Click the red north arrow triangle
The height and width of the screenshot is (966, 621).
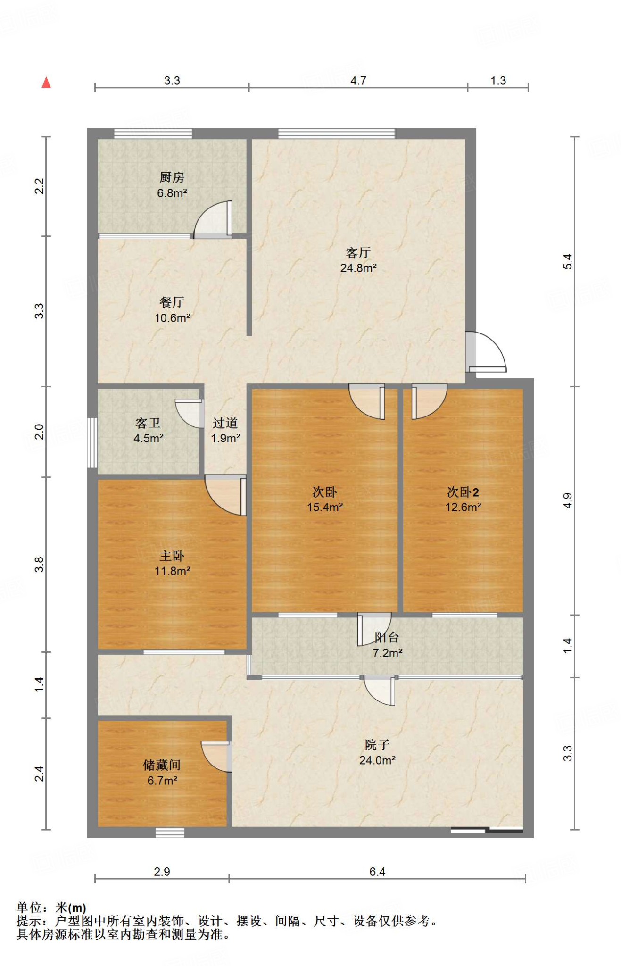pos(46,83)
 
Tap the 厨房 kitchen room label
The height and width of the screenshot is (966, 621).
pos(172,177)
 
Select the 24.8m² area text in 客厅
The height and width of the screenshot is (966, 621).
pos(358,268)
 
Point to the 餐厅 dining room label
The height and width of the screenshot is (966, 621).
pos(172,302)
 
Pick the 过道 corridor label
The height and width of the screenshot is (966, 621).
pos(225,423)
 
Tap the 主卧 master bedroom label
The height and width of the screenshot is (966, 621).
pos(172,556)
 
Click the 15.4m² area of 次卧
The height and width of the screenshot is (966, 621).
pos(325,507)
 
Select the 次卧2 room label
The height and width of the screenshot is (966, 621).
pos(463,492)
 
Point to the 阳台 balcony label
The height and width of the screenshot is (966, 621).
pos(387,637)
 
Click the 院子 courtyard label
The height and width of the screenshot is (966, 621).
pos(377,745)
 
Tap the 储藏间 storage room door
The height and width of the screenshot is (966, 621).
pos(217,756)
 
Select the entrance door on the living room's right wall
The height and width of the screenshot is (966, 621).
pos(486,352)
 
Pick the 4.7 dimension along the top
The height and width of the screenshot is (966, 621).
pos(358,81)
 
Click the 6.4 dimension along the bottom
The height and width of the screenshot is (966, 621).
pos(377,872)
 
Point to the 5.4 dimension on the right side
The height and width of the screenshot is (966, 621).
pos(568,261)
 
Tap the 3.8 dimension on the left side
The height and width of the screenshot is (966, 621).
pos(39,565)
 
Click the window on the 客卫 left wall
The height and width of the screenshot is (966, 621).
pos(92,442)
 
